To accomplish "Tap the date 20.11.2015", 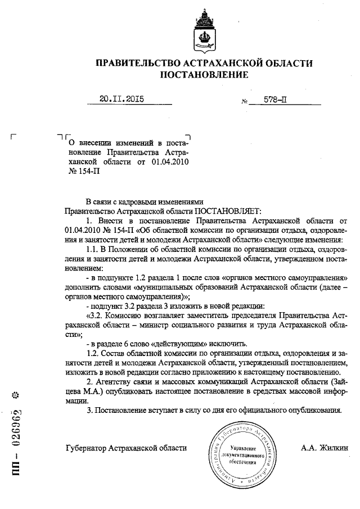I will coord(122,99).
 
